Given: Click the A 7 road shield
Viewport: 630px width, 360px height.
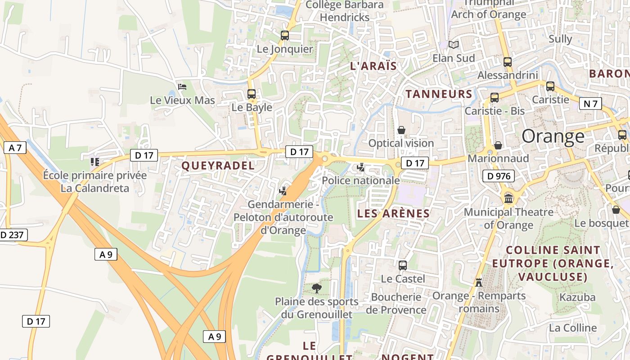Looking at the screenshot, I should click(15, 148).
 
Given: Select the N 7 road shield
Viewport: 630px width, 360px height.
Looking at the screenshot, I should click(590, 104).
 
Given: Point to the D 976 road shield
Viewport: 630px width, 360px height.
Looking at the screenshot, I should click(498, 176).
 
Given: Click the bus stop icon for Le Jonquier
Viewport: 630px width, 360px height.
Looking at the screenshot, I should click(284, 35).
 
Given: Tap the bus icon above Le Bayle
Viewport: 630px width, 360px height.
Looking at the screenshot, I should click(252, 94).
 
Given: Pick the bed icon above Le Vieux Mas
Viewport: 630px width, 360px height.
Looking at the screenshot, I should click(182, 86).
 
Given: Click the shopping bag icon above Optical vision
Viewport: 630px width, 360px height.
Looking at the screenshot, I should click(401, 130).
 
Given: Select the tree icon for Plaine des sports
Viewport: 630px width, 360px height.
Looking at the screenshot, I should click(317, 288).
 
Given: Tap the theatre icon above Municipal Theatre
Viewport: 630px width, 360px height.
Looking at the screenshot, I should click(508, 198).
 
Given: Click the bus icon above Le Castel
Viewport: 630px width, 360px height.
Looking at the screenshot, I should click(403, 265).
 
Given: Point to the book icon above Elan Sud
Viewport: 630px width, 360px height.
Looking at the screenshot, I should click(454, 45).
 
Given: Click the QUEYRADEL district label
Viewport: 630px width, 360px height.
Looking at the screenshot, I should click(218, 166).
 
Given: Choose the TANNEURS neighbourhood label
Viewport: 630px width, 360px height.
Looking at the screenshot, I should click(439, 94).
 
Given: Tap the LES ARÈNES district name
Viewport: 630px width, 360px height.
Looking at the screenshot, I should click(393, 213).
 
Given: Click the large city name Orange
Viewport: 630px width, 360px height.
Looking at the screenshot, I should click(553, 136).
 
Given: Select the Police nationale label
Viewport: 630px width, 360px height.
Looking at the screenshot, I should click(361, 180).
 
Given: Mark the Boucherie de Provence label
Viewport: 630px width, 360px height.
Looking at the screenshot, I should click(396, 303).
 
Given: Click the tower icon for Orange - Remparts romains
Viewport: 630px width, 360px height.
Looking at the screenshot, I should click(478, 282).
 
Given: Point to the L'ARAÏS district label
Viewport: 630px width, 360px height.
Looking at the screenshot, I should click(373, 66).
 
